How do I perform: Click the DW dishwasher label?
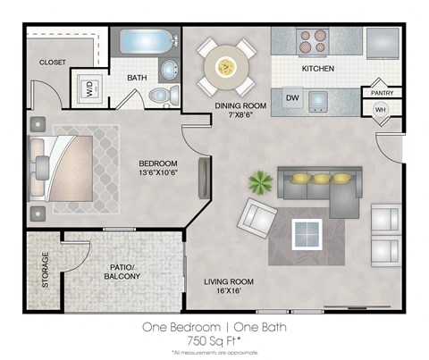click(x=291, y=96)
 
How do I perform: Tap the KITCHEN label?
click(x=318, y=69)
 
